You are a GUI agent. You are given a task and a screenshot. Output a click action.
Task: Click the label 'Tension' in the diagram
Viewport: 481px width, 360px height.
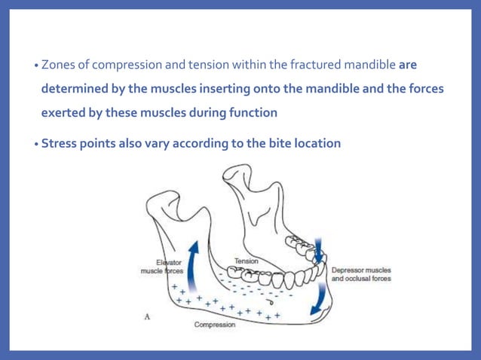(x=246, y=261)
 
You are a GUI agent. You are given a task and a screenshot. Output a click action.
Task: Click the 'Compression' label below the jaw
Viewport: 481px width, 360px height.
(x=215, y=325)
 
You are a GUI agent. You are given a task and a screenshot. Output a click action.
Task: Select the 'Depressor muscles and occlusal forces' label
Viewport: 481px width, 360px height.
(x=361, y=273)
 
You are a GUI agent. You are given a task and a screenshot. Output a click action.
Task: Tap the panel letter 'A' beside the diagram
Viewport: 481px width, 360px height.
(x=147, y=317)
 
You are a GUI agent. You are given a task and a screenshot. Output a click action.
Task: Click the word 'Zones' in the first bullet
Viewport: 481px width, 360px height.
(x=57, y=66)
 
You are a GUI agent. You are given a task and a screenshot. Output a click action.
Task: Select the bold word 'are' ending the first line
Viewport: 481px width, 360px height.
(x=407, y=66)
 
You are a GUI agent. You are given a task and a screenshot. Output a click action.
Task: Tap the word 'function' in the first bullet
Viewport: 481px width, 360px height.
(x=251, y=112)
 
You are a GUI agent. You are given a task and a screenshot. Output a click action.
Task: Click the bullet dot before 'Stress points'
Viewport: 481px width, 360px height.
(x=36, y=142)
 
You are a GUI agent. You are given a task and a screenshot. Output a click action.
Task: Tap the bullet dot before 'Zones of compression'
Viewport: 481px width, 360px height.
(x=36, y=66)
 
